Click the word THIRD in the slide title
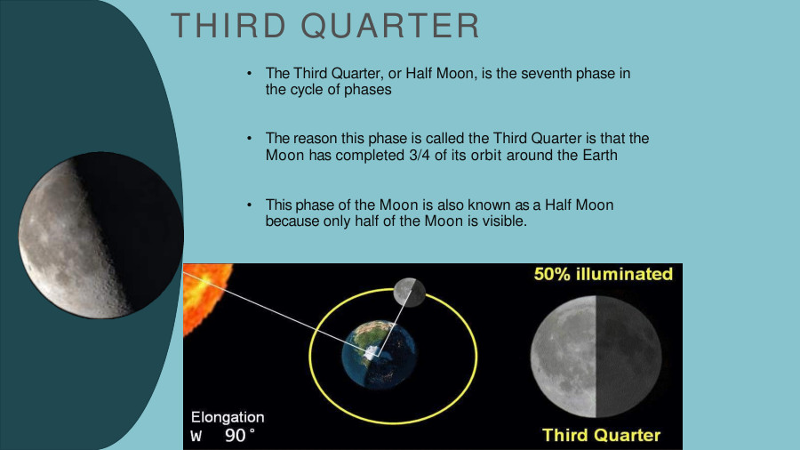point(228,26)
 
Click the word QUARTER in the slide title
point(390,26)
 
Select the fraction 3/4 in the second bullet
point(420,155)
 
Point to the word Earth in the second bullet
point(600,155)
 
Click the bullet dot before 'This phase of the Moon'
point(249,205)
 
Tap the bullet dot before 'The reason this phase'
point(249,138)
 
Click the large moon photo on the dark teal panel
point(100,235)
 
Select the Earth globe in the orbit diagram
point(379,355)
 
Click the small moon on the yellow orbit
point(409,293)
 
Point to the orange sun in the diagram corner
point(204,296)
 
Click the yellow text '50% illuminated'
point(603,275)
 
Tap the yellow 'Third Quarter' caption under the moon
point(601,435)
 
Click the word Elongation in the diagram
point(228,417)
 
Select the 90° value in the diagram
point(240,435)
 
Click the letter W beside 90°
point(196,437)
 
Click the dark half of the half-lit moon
point(628,357)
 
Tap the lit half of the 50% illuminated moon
point(564,357)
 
